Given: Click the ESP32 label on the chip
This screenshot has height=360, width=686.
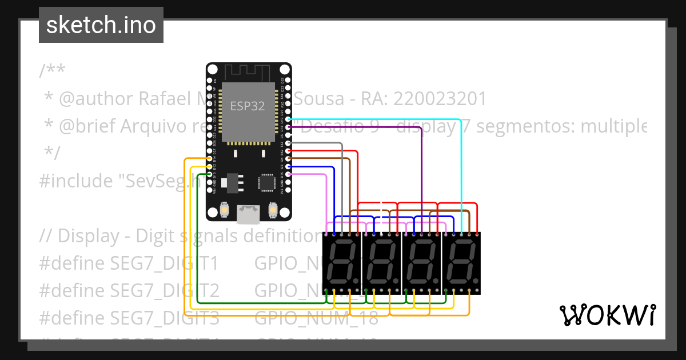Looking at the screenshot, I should click(248, 106).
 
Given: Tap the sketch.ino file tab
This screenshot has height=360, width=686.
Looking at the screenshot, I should click(101, 25).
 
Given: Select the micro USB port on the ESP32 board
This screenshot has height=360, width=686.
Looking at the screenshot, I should click(249, 214).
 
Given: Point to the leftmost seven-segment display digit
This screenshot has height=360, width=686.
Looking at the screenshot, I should click(341, 263).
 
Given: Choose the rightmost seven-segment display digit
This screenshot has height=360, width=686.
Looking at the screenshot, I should click(461, 263).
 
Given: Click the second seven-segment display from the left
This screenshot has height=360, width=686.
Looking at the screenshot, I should click(381, 263).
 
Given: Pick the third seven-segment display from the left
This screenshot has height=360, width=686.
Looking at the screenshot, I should click(421, 263).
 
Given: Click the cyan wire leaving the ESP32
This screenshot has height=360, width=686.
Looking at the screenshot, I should click(400, 119).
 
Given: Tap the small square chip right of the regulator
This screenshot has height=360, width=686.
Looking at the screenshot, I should click(266, 182).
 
